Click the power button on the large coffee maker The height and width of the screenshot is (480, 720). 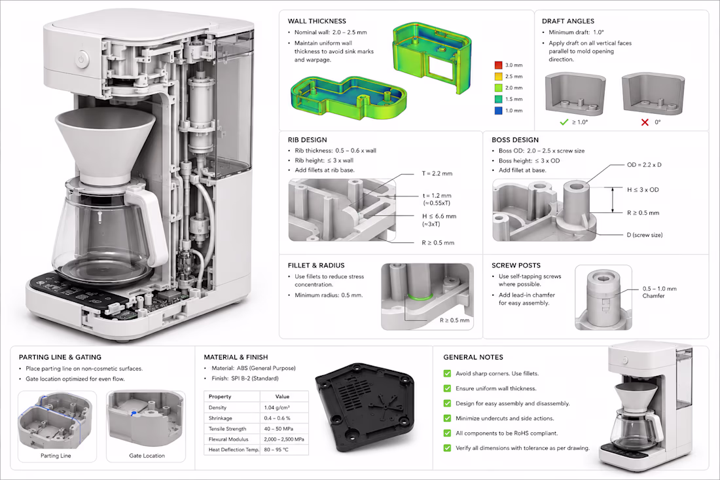pyautogui.click(x=82, y=59)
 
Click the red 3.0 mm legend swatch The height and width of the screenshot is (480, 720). pyautogui.click(x=498, y=65)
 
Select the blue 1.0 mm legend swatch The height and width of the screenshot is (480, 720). pyautogui.click(x=498, y=111)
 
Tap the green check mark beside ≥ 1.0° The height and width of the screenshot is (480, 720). pyautogui.click(x=564, y=122)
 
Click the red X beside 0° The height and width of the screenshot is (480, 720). pyautogui.click(x=645, y=122)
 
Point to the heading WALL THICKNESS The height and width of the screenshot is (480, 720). pyautogui.click(x=317, y=21)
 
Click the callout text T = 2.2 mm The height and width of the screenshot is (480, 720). pyautogui.click(x=437, y=174)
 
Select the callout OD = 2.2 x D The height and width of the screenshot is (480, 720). pyautogui.click(x=644, y=165)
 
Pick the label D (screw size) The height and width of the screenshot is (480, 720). pyautogui.click(x=645, y=235)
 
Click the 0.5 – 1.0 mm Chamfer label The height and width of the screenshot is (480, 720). pyautogui.click(x=659, y=292)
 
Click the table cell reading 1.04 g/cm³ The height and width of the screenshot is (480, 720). pyautogui.click(x=276, y=407)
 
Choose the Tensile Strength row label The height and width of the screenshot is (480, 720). pyautogui.click(x=227, y=428)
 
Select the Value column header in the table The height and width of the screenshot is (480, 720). pyautogui.click(x=282, y=396)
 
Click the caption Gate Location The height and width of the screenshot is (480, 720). pyautogui.click(x=147, y=456)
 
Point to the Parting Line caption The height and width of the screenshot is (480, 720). pyautogui.click(x=56, y=456)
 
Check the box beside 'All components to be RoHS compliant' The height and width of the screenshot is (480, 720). pyautogui.click(x=447, y=433)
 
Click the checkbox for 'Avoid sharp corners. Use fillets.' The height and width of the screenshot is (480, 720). pyautogui.click(x=447, y=373)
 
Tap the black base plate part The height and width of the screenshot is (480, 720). pyautogui.click(x=365, y=406)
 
